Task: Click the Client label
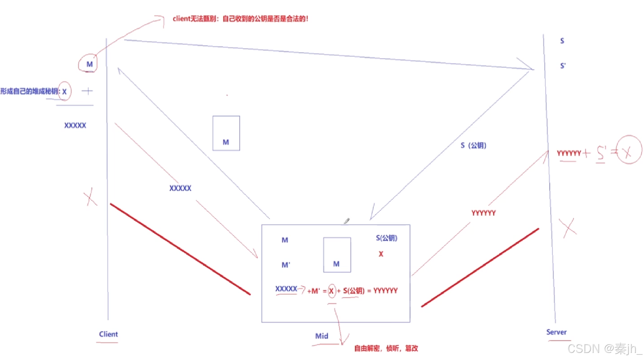[108, 334]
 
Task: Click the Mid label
[321, 336]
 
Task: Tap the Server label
[556, 332]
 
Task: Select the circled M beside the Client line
[89, 64]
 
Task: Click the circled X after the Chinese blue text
[65, 92]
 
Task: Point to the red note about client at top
[240, 19]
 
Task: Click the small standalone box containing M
[226, 133]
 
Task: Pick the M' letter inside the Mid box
[286, 265]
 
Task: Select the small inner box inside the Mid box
[337, 255]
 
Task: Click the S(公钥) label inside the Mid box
[386, 238]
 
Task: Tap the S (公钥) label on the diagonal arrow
[473, 145]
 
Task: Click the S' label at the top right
[563, 66]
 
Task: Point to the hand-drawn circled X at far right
[629, 150]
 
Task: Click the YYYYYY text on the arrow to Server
[483, 213]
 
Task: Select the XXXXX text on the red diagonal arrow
[180, 188]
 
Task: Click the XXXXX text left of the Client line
[75, 125]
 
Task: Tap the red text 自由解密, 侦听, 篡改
[386, 348]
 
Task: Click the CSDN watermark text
[604, 349]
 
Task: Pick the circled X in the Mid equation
[331, 291]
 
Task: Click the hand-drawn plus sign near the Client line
[87, 91]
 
